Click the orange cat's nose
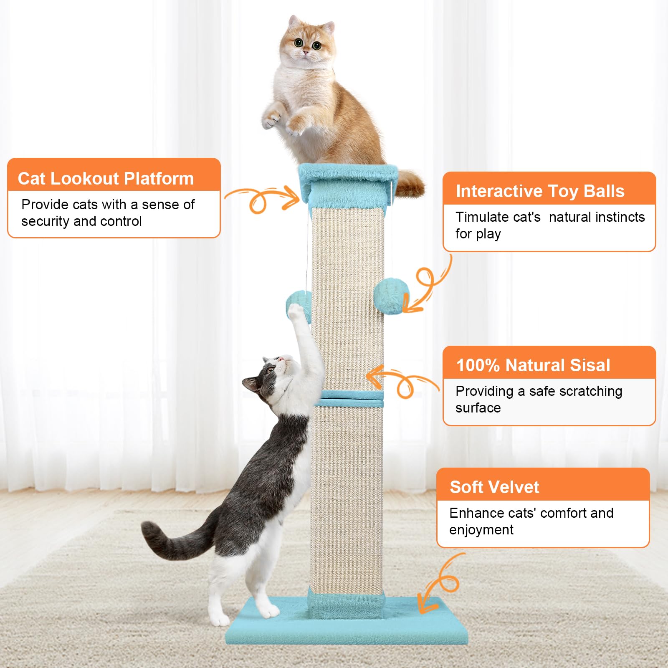[306, 52]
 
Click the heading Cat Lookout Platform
[106, 179]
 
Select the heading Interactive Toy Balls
[540, 191]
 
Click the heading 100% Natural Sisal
[533, 365]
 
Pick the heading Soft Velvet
[494, 487]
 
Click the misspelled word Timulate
[498, 217]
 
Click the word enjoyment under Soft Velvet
[481, 530]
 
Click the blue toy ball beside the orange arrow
[390, 296]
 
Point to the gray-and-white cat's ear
[252, 383]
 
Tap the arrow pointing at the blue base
[438, 584]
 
